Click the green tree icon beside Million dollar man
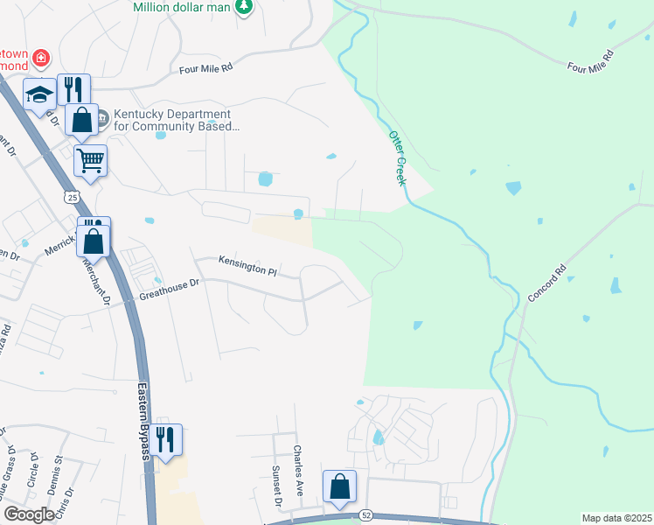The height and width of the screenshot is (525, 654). click(246, 7)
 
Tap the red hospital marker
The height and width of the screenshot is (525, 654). click(40, 59)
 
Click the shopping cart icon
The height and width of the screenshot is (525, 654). click(91, 159)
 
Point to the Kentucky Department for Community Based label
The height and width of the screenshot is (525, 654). click(169, 120)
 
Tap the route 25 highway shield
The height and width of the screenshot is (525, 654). click(72, 198)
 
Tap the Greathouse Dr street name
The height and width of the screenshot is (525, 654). click(170, 290)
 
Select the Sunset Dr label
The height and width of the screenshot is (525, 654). click(276, 486)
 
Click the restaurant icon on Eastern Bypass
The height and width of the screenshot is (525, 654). click(164, 438)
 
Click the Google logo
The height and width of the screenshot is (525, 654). click(30, 514)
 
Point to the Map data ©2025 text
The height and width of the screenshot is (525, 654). click(616, 518)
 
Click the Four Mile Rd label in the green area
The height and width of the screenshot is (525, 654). click(591, 60)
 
